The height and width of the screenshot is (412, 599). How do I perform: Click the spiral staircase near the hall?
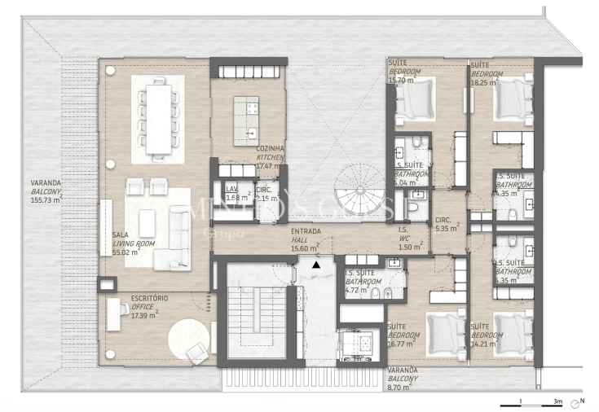358,196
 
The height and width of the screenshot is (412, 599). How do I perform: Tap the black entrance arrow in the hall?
316,264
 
